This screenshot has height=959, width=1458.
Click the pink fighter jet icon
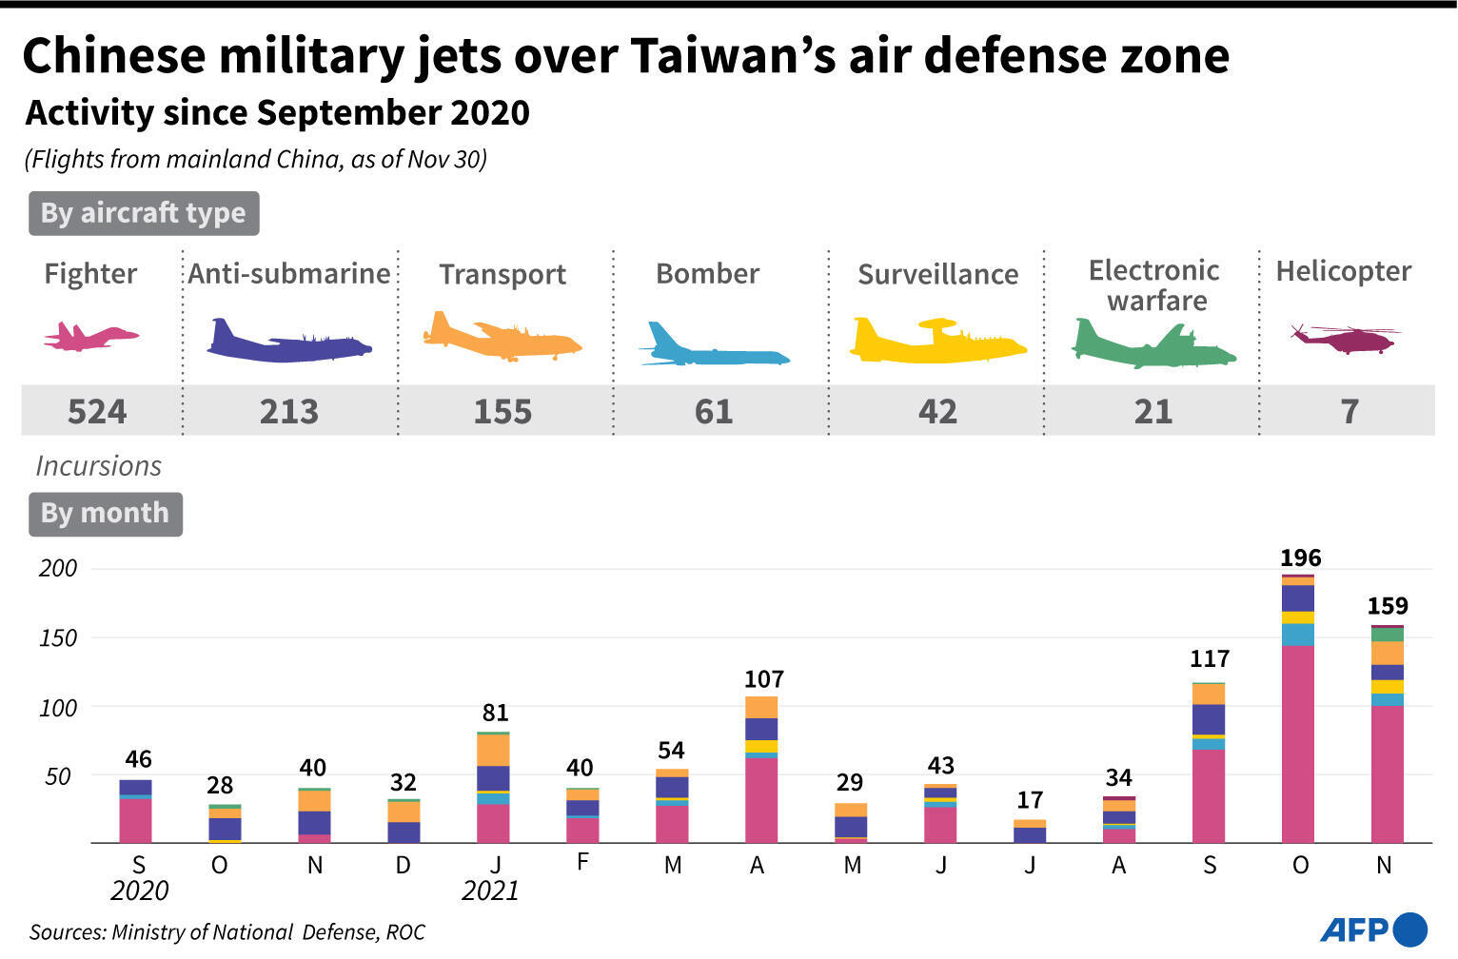(90, 337)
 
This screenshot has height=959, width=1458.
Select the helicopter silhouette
(1344, 338)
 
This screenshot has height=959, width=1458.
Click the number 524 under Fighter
(97, 411)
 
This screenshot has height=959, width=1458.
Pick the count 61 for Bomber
(714, 411)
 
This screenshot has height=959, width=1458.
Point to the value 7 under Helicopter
(1349, 411)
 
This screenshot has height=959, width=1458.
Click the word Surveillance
(937, 274)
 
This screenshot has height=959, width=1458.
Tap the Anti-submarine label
(289, 274)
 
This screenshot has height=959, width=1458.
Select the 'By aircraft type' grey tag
(144, 213)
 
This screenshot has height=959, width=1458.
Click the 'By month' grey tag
(105, 513)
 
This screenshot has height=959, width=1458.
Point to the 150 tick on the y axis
(57, 638)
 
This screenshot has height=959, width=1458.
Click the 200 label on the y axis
(57, 568)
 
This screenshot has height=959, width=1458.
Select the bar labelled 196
(1297, 709)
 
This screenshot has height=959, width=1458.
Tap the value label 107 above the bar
(763, 679)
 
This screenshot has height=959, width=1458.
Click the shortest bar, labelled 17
(1030, 832)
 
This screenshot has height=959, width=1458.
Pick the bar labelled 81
(493, 788)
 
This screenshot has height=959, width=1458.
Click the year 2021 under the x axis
(490, 890)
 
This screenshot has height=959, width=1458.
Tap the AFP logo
(1372, 929)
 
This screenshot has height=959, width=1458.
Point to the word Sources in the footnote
(67, 931)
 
